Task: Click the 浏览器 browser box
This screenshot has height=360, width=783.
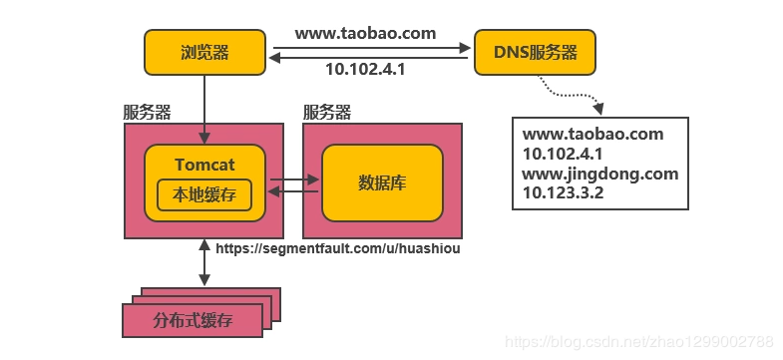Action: point(205,52)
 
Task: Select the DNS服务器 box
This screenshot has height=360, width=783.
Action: point(535,52)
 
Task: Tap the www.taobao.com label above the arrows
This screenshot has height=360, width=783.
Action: point(365,33)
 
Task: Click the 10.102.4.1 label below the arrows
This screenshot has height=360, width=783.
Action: point(366,70)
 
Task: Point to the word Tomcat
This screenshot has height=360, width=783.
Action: point(204,165)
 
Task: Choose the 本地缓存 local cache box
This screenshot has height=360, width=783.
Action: point(204,193)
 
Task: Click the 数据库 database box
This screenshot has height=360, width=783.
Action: point(381,182)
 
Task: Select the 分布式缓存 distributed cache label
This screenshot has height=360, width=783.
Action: point(191,320)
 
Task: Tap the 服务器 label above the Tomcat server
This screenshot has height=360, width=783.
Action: point(147,112)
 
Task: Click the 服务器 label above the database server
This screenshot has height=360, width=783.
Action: point(326,112)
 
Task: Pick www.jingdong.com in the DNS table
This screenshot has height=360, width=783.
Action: point(599,173)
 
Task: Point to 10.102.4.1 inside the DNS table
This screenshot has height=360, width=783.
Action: point(563,154)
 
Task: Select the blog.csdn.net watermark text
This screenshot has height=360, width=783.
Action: point(638,341)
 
